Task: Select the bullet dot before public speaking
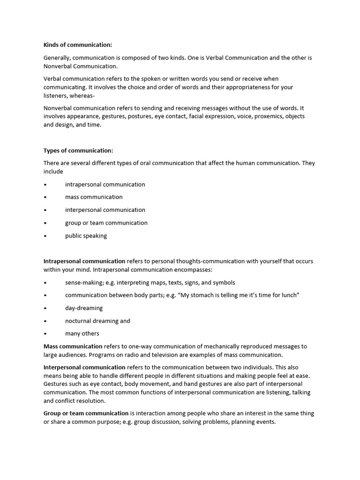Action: click(x=45, y=236)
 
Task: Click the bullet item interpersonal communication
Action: click(x=105, y=210)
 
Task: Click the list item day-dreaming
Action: click(x=84, y=308)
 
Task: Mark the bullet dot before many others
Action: click(x=45, y=334)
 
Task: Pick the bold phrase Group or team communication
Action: click(x=86, y=413)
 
